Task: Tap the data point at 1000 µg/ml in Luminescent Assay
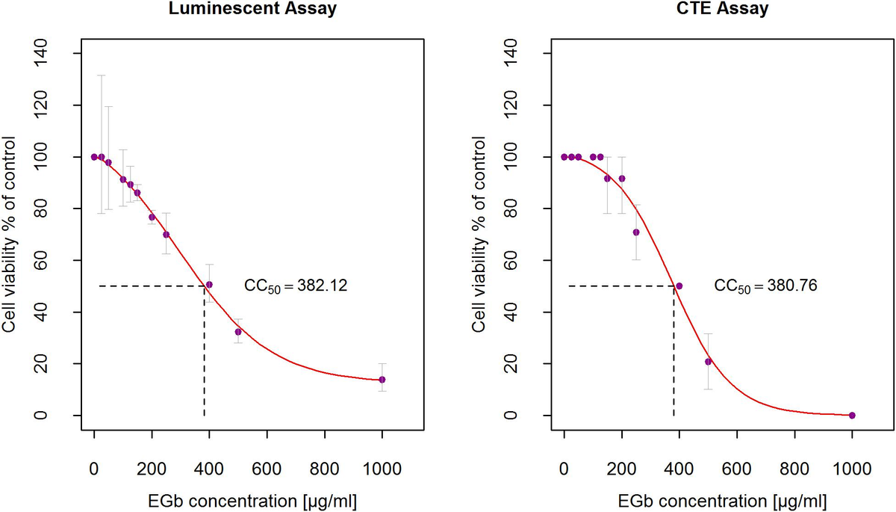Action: [x=382, y=380]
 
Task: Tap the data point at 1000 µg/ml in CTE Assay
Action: [x=852, y=415]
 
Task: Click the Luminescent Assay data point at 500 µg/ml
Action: [x=238, y=332]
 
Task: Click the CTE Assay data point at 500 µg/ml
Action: [x=708, y=362]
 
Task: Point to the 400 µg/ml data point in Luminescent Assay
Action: [x=209, y=285]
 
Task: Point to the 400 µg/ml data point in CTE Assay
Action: [x=679, y=286]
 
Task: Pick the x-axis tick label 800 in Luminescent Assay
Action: [x=325, y=470]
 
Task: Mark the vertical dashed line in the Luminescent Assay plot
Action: [x=205, y=351]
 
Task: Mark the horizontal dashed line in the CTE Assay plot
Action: [x=620, y=286]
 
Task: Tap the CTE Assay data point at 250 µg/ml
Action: [x=636, y=232]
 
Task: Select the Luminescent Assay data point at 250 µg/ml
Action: [x=167, y=235]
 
